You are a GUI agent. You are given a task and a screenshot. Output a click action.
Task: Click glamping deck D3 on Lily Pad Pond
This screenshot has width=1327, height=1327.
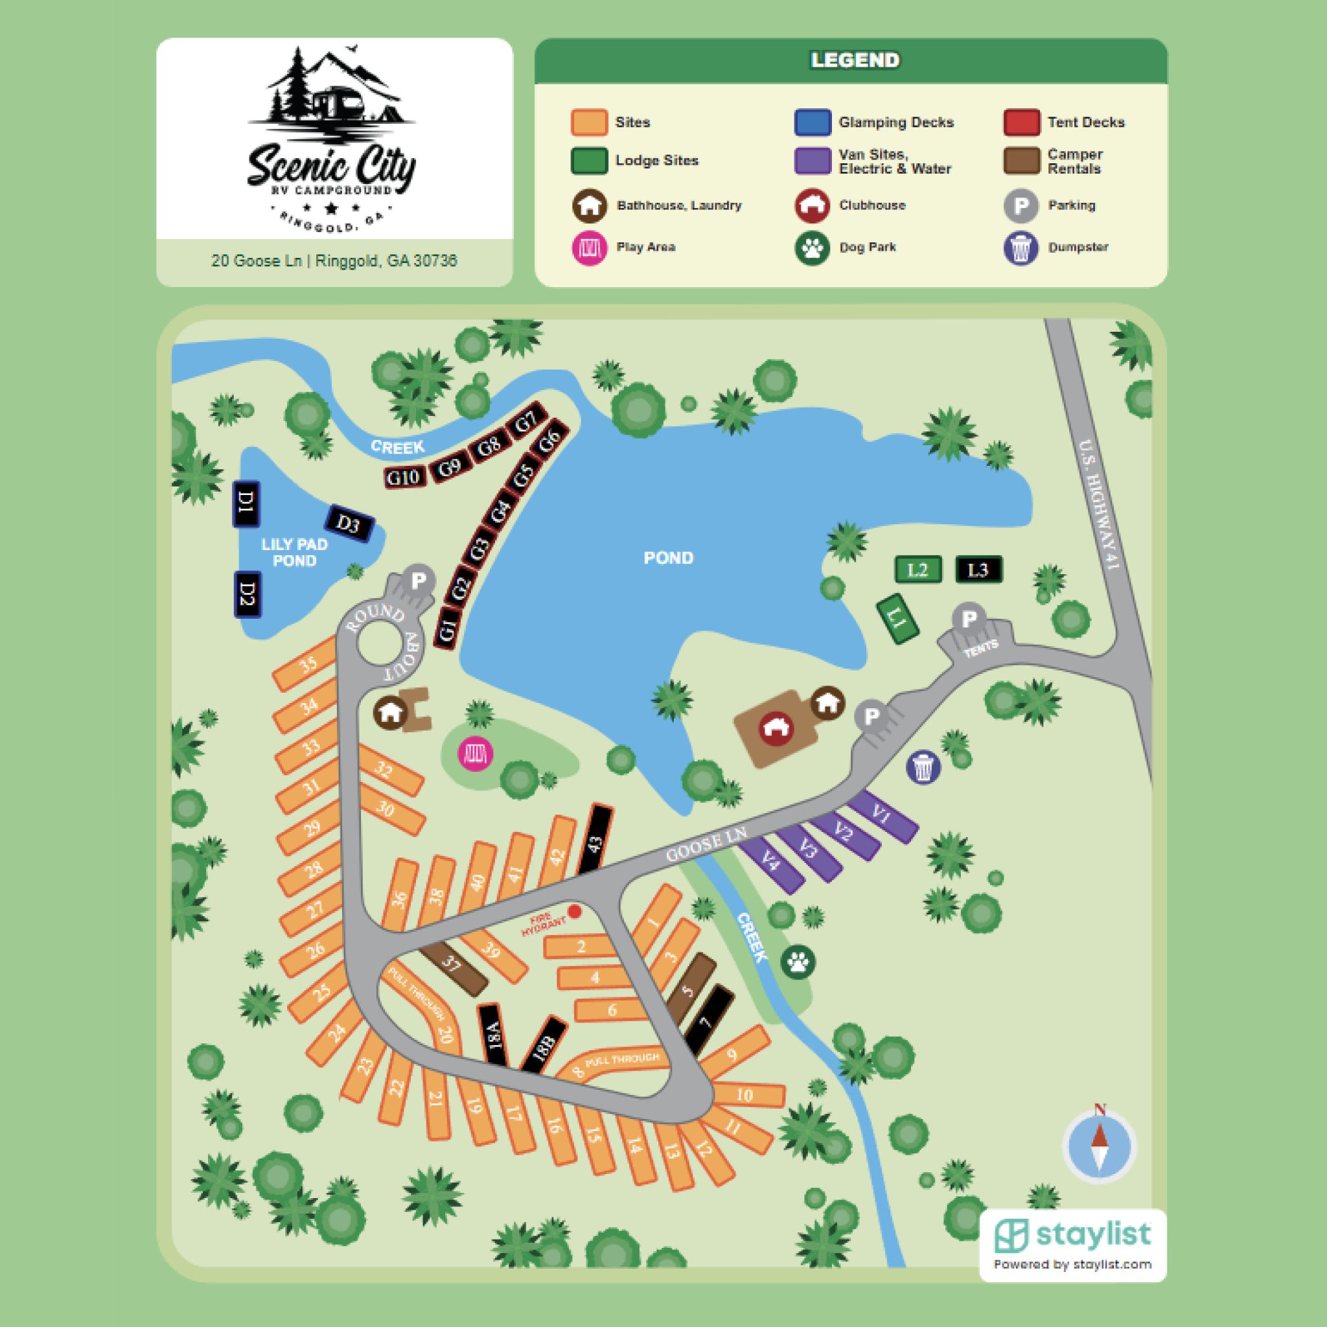(349, 524)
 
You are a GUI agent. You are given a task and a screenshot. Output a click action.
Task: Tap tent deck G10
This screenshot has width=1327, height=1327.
(403, 478)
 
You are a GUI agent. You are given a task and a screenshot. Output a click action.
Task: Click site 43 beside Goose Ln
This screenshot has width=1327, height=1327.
(595, 839)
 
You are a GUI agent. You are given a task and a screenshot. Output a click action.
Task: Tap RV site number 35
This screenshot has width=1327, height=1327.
(307, 664)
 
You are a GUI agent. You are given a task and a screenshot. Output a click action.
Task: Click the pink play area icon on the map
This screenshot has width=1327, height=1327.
(476, 753)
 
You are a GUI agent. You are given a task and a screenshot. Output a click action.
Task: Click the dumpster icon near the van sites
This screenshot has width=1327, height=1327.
(923, 767)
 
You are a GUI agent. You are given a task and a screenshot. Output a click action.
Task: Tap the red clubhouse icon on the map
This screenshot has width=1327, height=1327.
(776, 728)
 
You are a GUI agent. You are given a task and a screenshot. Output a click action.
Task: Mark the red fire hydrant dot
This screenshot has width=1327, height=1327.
(575, 911)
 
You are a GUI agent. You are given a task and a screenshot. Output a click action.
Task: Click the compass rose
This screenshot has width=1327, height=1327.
(1099, 1146)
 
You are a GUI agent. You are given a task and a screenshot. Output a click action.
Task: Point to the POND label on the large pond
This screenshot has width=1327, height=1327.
(668, 558)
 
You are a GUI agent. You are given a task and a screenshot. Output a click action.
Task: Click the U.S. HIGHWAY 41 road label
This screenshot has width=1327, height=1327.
(1100, 504)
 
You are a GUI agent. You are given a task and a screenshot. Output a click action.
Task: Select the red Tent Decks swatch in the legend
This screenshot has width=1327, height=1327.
(1021, 122)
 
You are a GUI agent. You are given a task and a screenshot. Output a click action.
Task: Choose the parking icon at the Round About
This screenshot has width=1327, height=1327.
(419, 581)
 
